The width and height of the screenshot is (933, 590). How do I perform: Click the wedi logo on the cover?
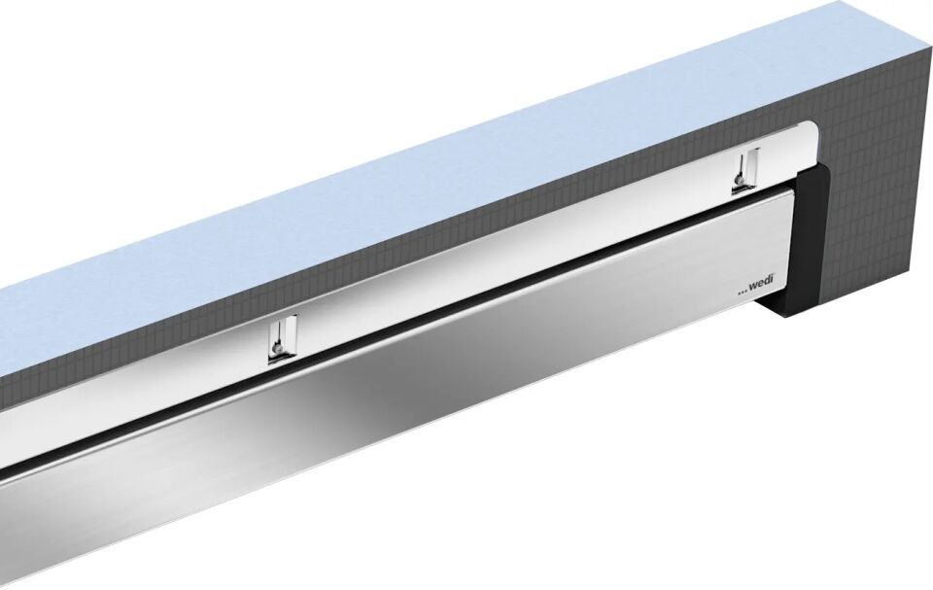[756, 288]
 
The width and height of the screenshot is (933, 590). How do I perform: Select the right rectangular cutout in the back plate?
[745, 171]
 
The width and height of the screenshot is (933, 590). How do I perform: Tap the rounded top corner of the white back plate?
[811, 131]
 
